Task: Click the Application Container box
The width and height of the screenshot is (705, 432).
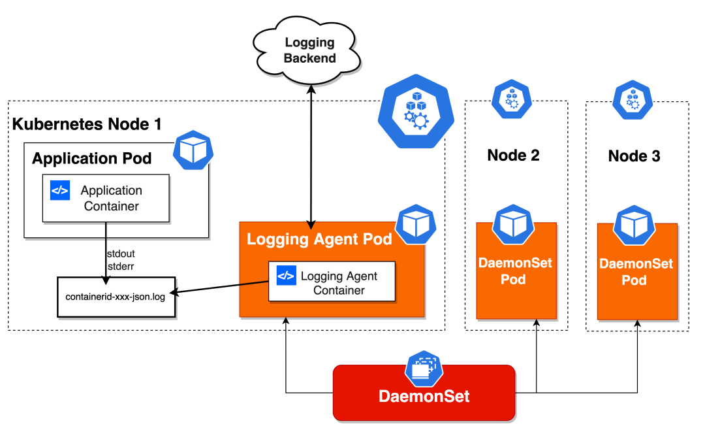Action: click(x=106, y=198)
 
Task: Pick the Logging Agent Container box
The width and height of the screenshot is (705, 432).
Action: click(x=332, y=282)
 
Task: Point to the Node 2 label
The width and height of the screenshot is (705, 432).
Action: click(x=513, y=156)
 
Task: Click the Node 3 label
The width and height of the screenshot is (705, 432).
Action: click(x=634, y=156)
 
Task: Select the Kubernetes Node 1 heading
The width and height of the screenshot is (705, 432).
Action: click(x=87, y=124)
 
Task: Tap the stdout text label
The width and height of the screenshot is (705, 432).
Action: click(x=120, y=252)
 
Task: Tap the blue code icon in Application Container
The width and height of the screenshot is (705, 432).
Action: click(x=60, y=190)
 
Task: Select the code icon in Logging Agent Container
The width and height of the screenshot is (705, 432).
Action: click(x=286, y=275)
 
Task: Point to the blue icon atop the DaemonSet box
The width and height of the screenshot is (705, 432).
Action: click(x=424, y=368)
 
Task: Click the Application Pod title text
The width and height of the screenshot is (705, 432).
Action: click(x=92, y=158)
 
